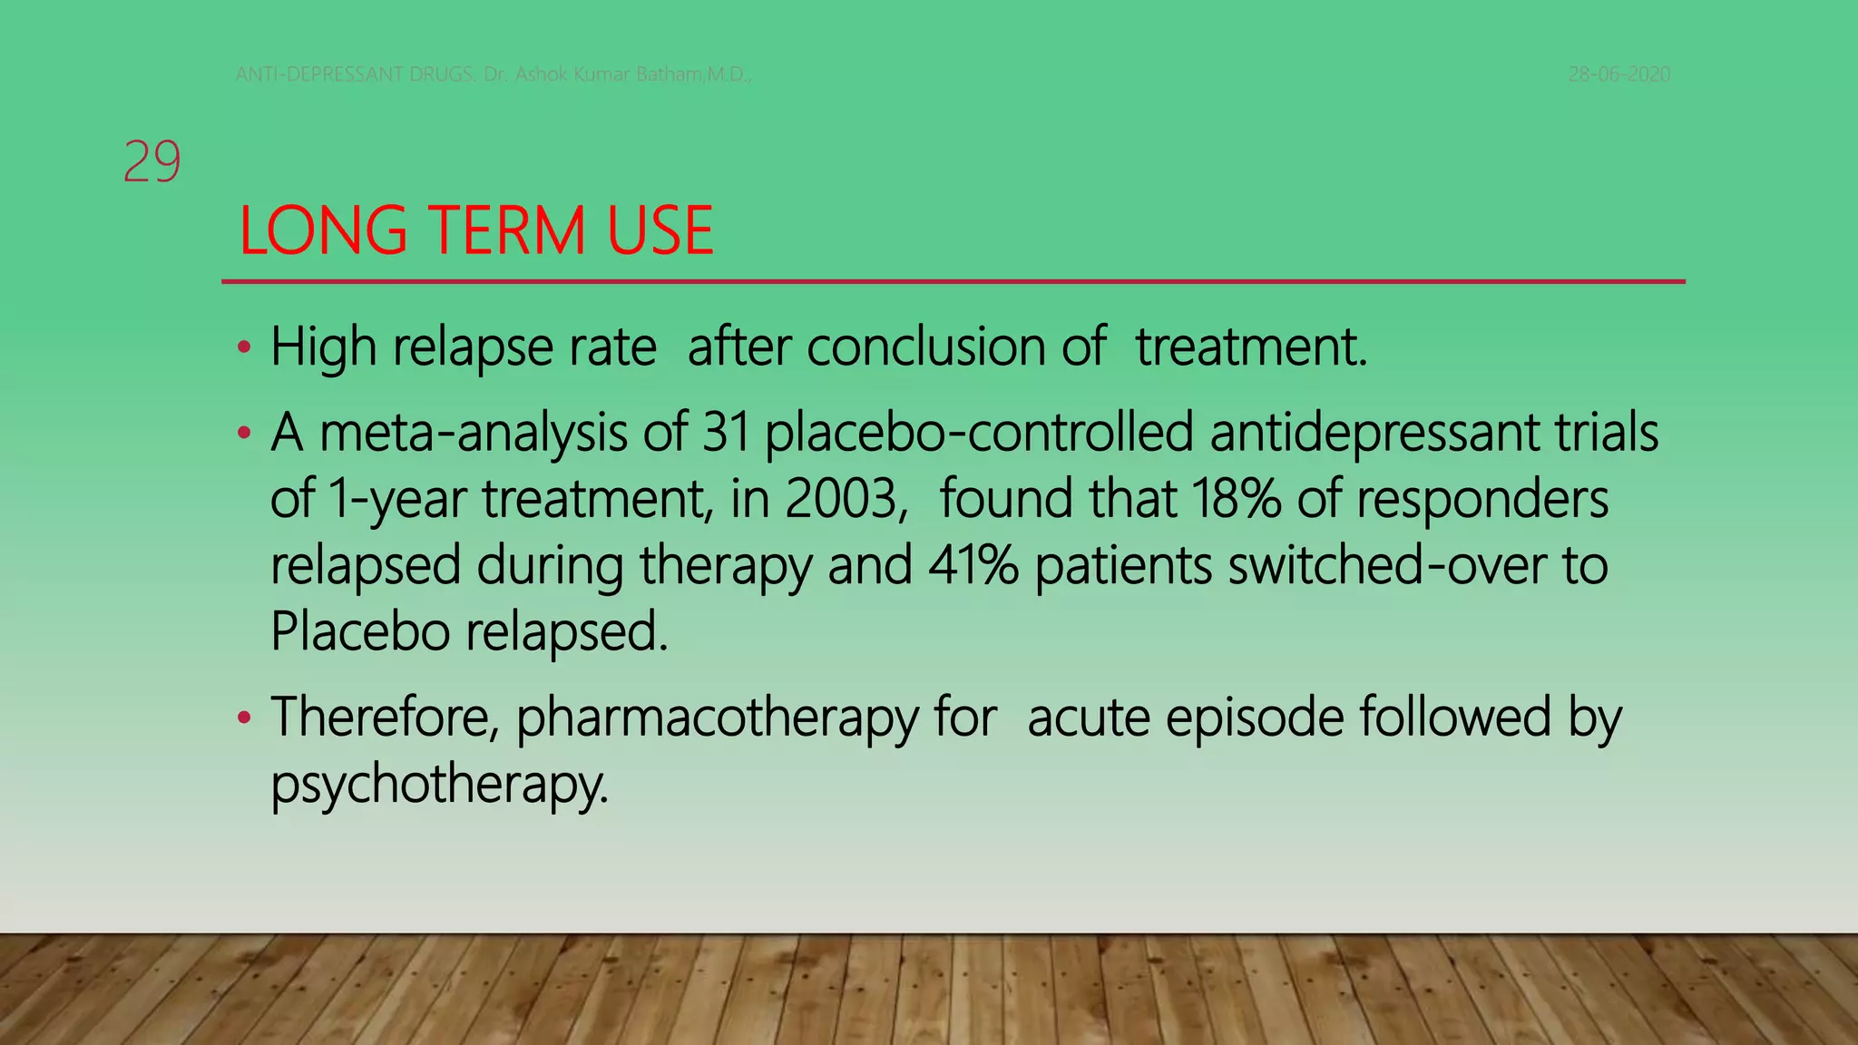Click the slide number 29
pyautogui.click(x=152, y=162)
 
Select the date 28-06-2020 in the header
pyautogui.click(x=1619, y=74)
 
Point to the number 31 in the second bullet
pyautogui.click(x=726, y=433)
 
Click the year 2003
pyautogui.click(x=840, y=499)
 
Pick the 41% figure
pyautogui.click(x=973, y=565)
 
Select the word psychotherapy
pyautogui.click(x=439, y=784)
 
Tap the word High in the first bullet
pyautogui.click(x=323, y=347)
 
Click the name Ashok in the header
pyautogui.click(x=542, y=74)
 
